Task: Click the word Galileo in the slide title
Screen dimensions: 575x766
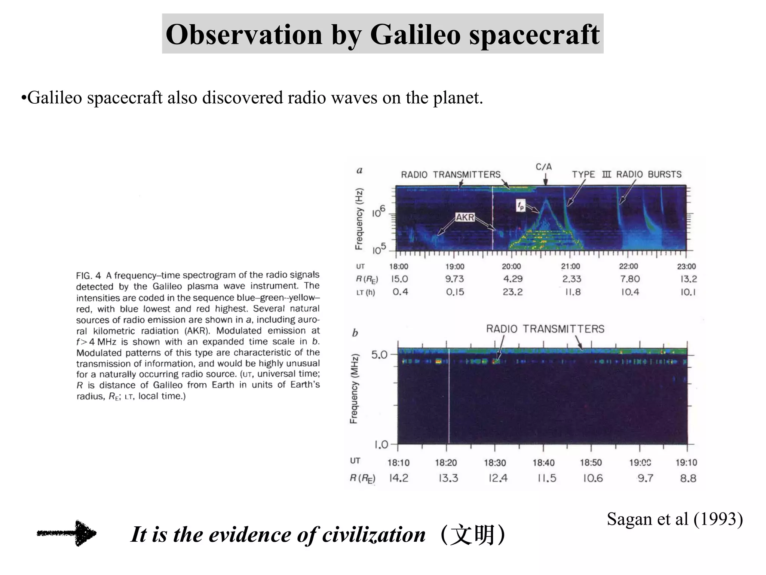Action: pos(415,34)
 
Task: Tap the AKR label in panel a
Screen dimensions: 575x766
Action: pos(465,217)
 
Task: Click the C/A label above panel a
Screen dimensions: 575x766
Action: pos(543,167)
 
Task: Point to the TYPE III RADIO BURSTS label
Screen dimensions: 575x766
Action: pos(626,174)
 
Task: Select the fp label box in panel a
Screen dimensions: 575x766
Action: pos(521,205)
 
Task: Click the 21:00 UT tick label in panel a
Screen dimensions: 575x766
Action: pos(570,267)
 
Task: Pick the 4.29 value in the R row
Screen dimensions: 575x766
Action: pos(513,279)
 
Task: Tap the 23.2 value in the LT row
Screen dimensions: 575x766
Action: pos(512,292)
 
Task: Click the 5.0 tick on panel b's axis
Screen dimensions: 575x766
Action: pos(379,355)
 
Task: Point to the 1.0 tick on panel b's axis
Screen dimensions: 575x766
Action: pos(381,445)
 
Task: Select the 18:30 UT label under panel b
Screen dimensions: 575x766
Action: pos(495,463)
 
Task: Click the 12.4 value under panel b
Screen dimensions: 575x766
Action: pos(498,478)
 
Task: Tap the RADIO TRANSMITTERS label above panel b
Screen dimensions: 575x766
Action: pos(545,329)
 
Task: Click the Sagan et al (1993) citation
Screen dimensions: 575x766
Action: pos(675,519)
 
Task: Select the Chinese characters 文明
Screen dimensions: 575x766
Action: pos(473,535)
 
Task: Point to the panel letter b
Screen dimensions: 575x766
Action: pos(355,333)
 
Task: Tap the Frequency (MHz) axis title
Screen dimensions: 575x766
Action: pos(354,389)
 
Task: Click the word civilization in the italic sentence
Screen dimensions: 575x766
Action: pos(374,535)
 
